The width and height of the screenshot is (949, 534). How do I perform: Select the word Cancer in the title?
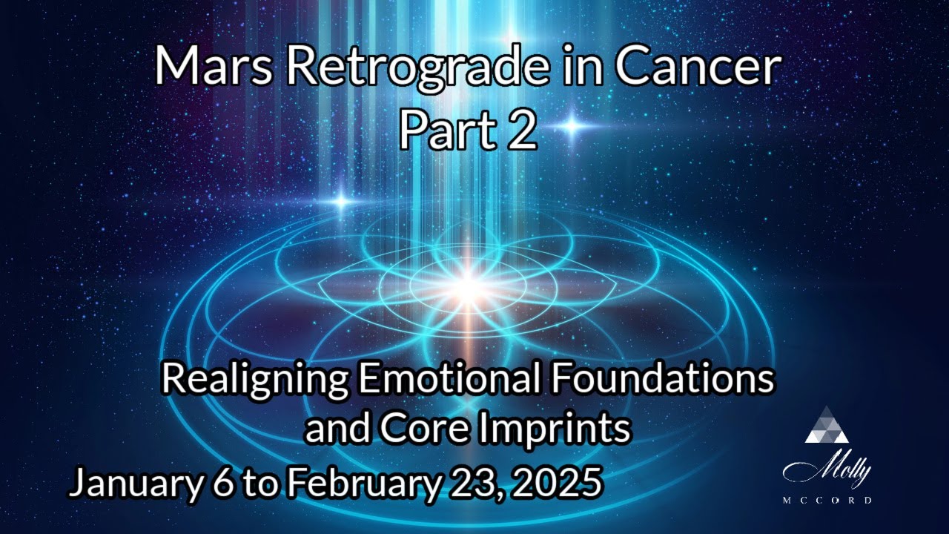click(x=697, y=67)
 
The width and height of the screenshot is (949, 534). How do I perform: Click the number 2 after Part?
click(x=522, y=131)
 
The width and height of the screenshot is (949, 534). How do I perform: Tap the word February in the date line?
click(x=360, y=484)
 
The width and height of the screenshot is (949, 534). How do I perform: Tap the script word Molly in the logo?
click(x=827, y=470)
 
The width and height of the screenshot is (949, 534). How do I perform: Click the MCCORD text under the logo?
click(x=827, y=501)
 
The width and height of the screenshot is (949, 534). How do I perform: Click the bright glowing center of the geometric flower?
click(x=468, y=282)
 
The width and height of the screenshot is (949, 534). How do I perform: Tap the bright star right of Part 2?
click(x=572, y=126)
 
